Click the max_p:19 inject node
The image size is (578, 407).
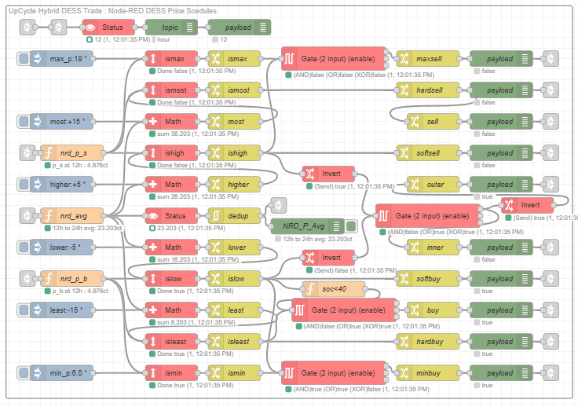click(x=62, y=59)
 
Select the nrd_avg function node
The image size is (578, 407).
click(x=71, y=215)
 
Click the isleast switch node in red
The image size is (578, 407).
click(x=174, y=341)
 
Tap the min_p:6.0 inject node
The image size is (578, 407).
click(x=62, y=372)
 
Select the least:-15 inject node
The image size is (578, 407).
click(x=62, y=310)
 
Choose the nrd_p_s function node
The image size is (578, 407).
click(x=71, y=153)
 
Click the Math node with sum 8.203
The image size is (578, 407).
click(x=174, y=310)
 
